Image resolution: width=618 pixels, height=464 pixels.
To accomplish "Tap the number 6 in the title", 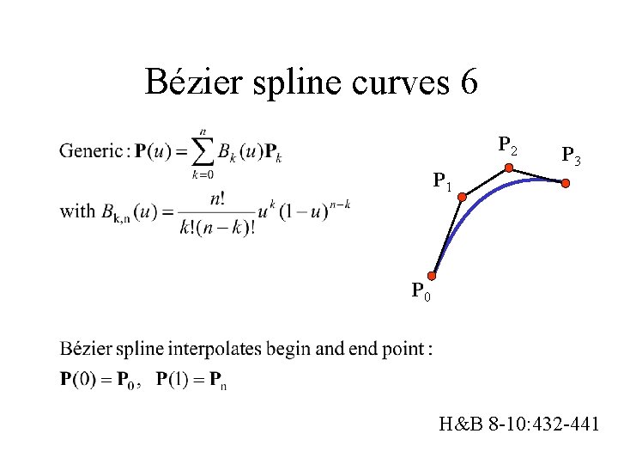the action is click(469, 82).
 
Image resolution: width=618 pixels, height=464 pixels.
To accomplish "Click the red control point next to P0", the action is click(434, 276).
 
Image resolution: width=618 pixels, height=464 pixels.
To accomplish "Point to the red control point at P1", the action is click(462, 198).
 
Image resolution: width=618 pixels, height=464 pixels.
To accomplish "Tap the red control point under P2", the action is click(508, 168).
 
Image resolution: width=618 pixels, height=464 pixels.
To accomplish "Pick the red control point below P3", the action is click(566, 182).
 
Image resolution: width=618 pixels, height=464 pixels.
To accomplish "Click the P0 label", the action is click(420, 292).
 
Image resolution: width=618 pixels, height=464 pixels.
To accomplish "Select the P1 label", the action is click(443, 182).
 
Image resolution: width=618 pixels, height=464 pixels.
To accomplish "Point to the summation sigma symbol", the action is click(203, 152).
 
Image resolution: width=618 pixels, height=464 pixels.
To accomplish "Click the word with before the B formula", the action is click(77, 211).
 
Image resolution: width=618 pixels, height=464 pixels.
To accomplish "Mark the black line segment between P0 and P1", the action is click(448, 236).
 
